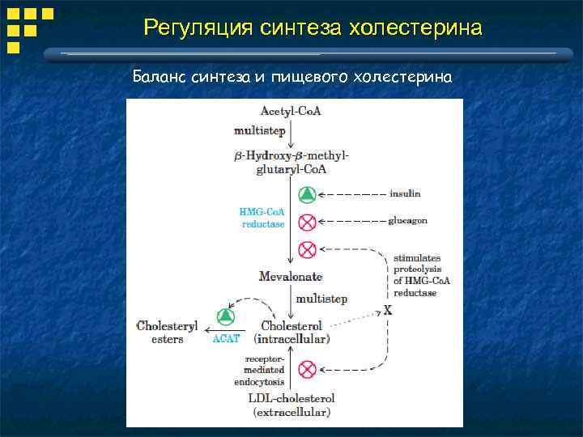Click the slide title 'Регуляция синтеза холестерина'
point(313,28)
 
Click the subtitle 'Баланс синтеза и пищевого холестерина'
point(291,77)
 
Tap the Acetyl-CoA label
point(291,111)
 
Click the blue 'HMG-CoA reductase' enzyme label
point(263,218)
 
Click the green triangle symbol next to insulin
point(307,194)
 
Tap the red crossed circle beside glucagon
point(307,221)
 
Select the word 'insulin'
point(405,194)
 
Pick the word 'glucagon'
point(408,220)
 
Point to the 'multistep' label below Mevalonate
point(321,299)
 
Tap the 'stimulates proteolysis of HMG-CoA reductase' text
point(422,275)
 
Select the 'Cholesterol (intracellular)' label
point(292,332)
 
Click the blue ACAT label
point(226,339)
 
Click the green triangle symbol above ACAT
point(226,316)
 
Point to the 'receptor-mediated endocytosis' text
point(266,370)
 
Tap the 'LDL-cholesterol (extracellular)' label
point(291,405)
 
